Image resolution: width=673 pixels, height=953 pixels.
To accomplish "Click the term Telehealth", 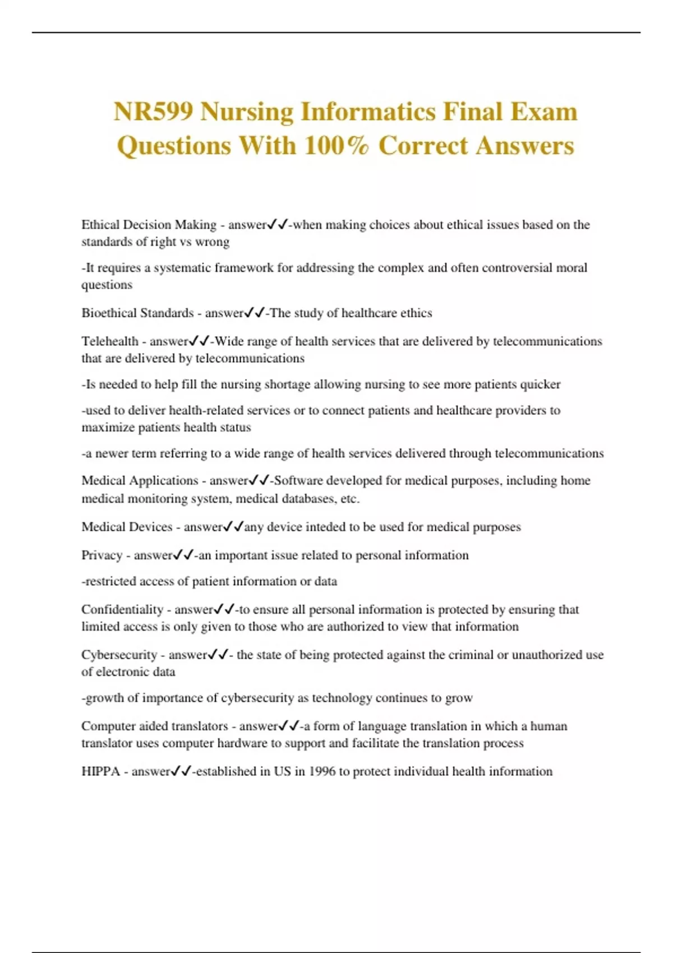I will point(110,341).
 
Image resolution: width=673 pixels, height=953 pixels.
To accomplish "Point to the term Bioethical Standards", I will point(137,313).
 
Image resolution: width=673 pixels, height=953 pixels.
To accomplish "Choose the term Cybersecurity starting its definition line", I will point(119,655).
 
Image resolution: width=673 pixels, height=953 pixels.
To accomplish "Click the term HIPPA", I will point(100,771).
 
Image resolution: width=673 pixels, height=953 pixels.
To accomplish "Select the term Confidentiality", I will point(122,609).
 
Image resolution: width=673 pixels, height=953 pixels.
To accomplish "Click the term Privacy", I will point(102,556).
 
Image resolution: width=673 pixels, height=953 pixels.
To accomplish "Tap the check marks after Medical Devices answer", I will point(233,527).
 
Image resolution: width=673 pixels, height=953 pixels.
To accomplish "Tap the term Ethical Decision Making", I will point(149,225).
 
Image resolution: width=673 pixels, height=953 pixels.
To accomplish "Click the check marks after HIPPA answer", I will point(182,771).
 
